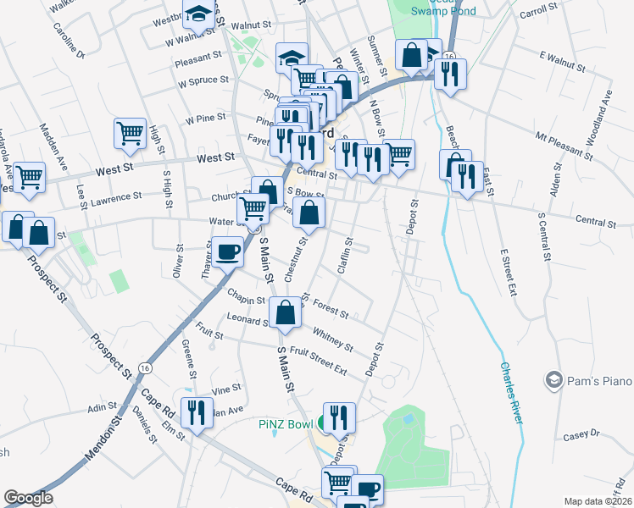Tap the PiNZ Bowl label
pyautogui.click(x=287, y=423)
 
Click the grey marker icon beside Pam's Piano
pyautogui.click(x=555, y=378)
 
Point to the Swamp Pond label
pyautogui.click(x=443, y=11)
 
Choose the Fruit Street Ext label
pyautogui.click(x=319, y=360)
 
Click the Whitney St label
pyautogui.click(x=332, y=339)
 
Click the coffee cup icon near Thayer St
pyautogui.click(x=227, y=251)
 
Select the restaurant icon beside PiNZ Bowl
pyautogui.click(x=339, y=416)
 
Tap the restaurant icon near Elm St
pyautogui.click(x=197, y=412)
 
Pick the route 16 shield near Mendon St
pyautogui.click(x=146, y=369)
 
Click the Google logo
pyautogui.click(x=28, y=498)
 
